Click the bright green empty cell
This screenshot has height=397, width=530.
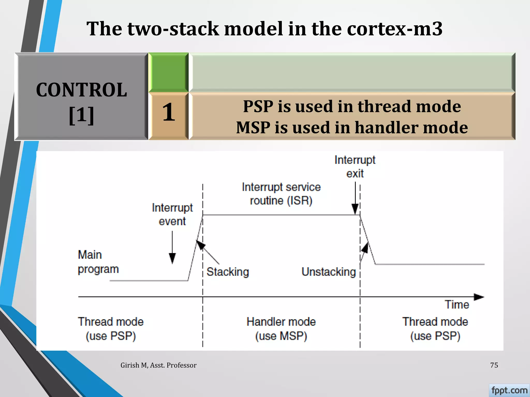click(168, 72)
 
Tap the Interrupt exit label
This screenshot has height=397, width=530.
click(355, 167)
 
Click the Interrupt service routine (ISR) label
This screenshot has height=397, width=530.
click(281, 194)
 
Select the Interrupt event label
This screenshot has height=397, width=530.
click(172, 215)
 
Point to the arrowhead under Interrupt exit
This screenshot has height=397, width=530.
click(355, 209)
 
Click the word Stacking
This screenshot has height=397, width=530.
click(228, 272)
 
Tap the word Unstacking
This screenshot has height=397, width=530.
click(329, 272)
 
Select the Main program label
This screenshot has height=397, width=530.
click(98, 262)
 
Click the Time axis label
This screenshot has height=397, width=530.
click(457, 305)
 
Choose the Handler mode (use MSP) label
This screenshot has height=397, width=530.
click(281, 329)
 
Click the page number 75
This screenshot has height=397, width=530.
click(494, 365)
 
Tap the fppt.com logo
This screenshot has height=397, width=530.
click(509, 390)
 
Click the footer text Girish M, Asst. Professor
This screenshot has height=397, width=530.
click(158, 365)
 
